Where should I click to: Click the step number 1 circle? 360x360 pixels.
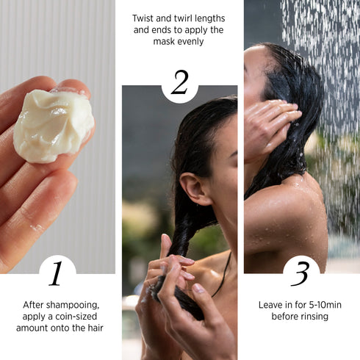[x=57, y=273]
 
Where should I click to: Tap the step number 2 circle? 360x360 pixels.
[x=179, y=83]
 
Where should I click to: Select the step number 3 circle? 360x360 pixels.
[x=301, y=273]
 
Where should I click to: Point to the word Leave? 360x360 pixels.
[x=270, y=304]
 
